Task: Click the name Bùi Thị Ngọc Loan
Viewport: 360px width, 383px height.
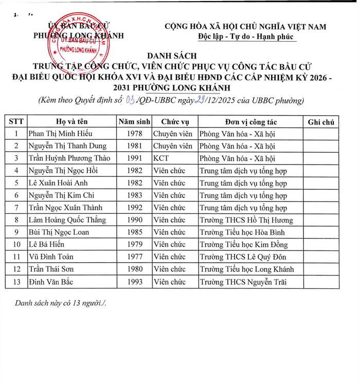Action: (59, 232)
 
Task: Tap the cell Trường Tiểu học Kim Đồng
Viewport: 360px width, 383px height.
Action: (244, 245)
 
